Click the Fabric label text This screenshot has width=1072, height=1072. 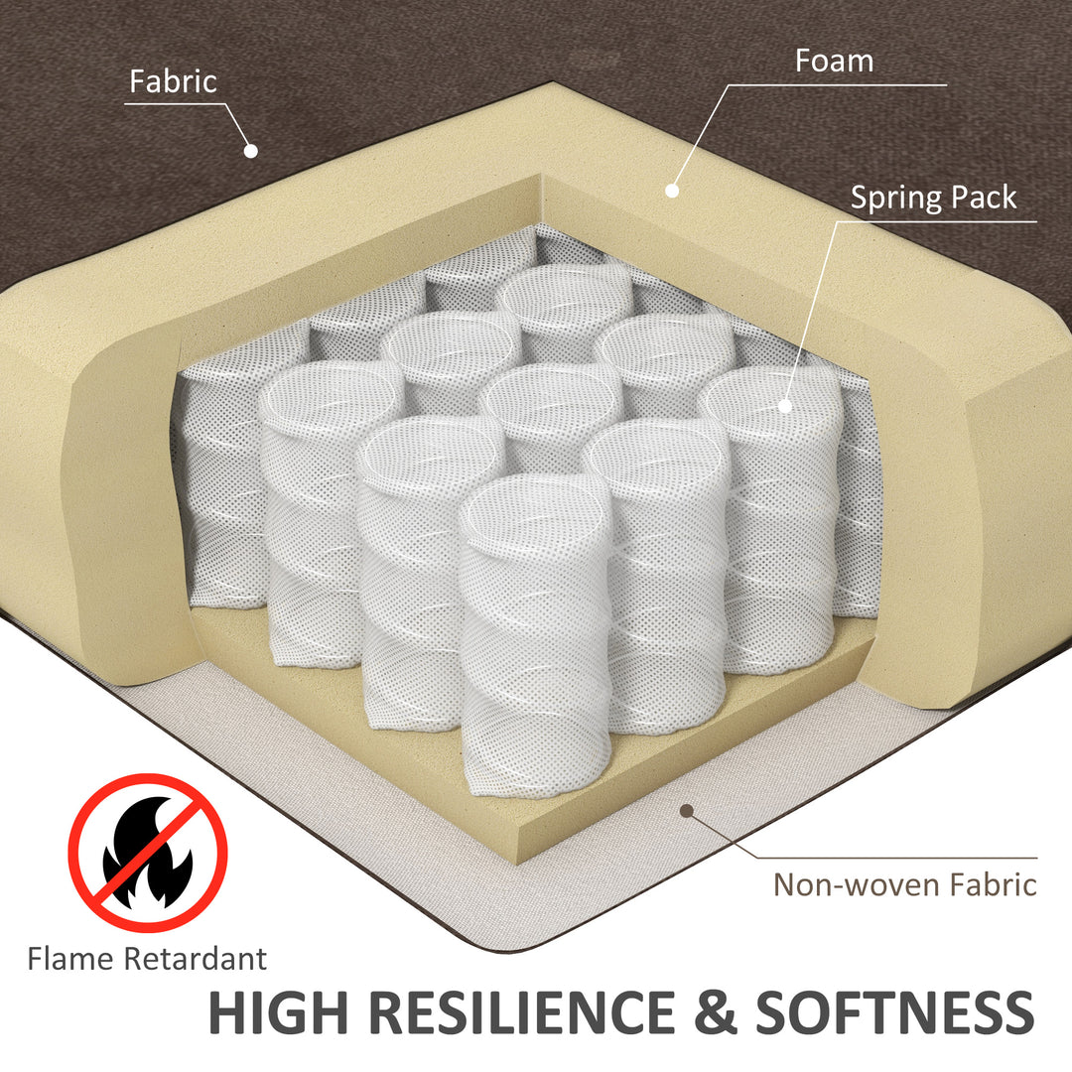click(x=173, y=81)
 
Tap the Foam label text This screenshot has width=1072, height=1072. click(x=834, y=61)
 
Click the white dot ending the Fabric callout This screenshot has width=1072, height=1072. click(x=251, y=151)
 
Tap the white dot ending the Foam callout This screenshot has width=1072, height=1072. click(x=672, y=191)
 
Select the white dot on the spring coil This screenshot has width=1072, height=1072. click(x=785, y=406)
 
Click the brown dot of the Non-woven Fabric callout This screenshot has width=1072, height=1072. click(x=687, y=811)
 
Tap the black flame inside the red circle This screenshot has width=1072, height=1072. click(x=148, y=852)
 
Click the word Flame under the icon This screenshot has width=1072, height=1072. click(x=70, y=959)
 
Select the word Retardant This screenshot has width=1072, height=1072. click(x=195, y=959)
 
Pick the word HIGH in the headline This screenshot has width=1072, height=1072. click(x=278, y=1012)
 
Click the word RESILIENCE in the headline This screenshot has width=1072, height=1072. click(x=523, y=1012)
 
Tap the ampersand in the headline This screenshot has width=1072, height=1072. click(x=716, y=1012)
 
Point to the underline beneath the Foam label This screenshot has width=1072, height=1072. click(x=836, y=84)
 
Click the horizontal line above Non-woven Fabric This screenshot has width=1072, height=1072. click(x=897, y=858)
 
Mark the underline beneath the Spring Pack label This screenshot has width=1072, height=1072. click(x=937, y=221)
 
